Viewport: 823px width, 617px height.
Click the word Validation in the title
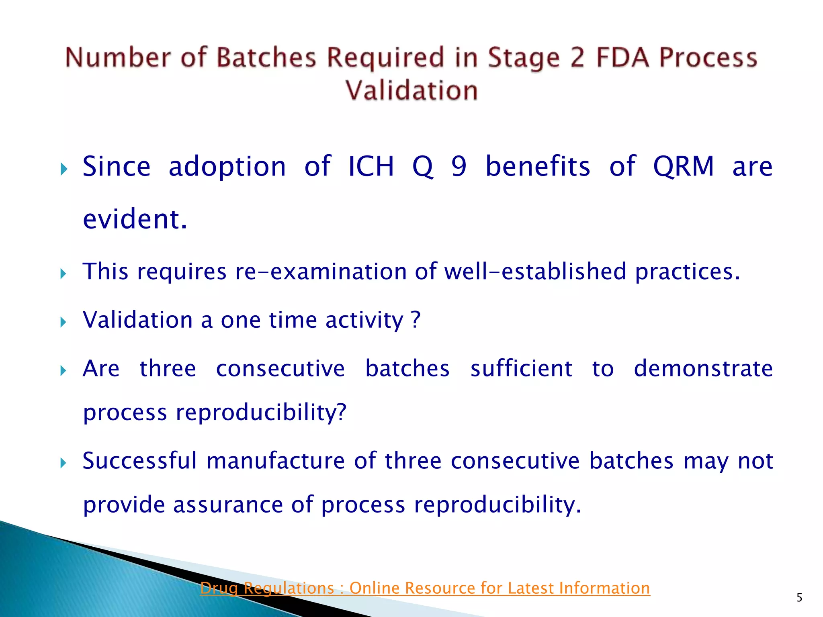pyautogui.click(x=411, y=90)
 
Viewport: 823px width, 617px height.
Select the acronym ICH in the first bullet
pyautogui.click(x=371, y=166)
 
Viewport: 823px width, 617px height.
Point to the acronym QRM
pyautogui.click(x=684, y=166)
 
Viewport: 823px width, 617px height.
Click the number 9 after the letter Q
pyautogui.click(x=459, y=166)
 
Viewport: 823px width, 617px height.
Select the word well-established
pyautogui.click(x=535, y=272)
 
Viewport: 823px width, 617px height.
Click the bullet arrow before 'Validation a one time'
pyautogui.click(x=63, y=322)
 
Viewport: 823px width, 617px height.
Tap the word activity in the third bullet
pyautogui.click(x=364, y=321)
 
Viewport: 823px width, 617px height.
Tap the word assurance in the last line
pyautogui.click(x=228, y=505)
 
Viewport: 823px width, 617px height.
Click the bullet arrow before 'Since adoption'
pyautogui.click(x=63, y=169)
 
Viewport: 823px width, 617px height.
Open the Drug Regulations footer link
pyautogui.click(x=425, y=588)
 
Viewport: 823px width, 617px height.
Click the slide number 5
pyautogui.click(x=799, y=598)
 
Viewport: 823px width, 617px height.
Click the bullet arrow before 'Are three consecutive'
pyautogui.click(x=63, y=370)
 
